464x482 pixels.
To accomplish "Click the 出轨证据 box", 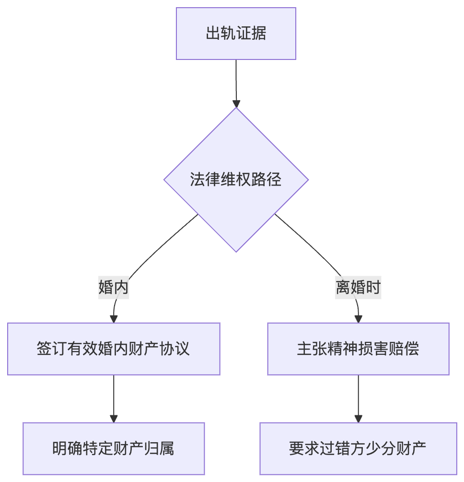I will click(236, 34).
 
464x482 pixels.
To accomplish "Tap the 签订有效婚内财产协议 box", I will click(114, 349).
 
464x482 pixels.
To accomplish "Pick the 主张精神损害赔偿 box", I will click(358, 349).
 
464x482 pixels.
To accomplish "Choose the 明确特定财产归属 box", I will click(114, 448).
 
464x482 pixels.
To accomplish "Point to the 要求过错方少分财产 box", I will click(358, 448).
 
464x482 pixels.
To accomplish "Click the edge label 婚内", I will click(114, 288).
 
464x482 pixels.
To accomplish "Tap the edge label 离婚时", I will click(358, 288).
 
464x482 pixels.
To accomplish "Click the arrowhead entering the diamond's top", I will click(236, 103).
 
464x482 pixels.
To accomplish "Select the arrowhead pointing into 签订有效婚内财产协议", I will click(114, 318).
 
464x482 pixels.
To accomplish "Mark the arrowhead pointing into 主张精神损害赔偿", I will click(358, 318).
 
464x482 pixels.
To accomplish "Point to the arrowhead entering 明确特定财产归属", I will click(114, 418).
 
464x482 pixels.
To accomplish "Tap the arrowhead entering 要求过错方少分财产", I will click(358, 418).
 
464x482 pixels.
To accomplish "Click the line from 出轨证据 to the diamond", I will click(236, 79).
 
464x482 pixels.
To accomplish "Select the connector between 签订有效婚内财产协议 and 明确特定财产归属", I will click(114, 396).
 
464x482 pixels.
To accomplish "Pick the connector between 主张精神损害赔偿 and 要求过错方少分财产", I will click(358, 396).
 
